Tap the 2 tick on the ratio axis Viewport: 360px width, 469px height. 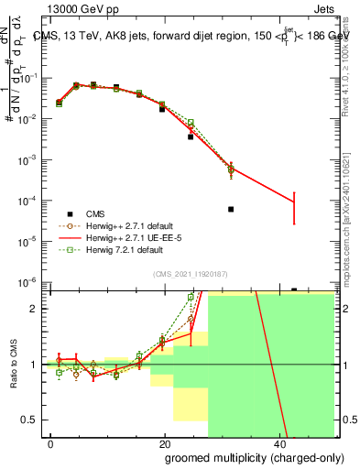click(37, 309)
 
